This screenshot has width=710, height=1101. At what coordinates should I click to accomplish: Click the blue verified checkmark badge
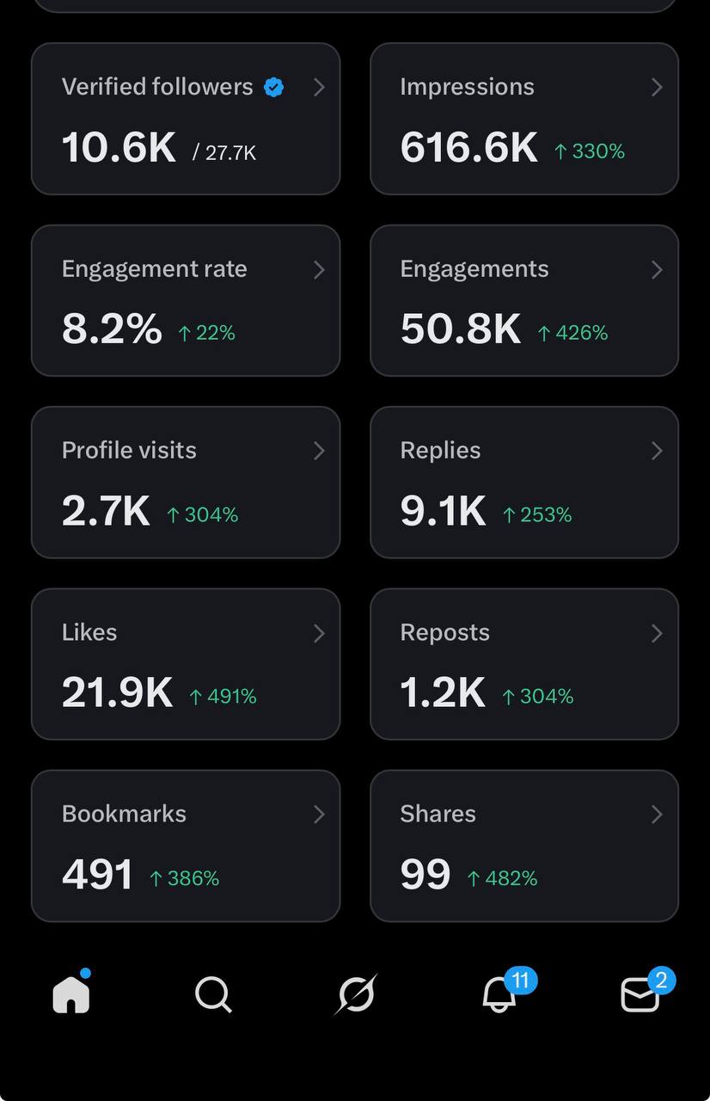pyautogui.click(x=273, y=87)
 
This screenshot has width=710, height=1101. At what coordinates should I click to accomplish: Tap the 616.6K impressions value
pyautogui.click(x=468, y=147)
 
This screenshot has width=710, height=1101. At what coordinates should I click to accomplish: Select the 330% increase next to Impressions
pyautogui.click(x=590, y=151)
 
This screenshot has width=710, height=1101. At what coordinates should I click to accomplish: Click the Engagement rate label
pyautogui.click(x=154, y=268)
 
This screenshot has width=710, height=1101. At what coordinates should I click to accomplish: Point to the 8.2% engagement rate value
pyautogui.click(x=112, y=329)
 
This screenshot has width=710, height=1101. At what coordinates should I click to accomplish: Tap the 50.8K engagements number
pyautogui.click(x=461, y=329)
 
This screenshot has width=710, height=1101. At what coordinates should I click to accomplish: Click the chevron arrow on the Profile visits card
pyautogui.click(x=319, y=451)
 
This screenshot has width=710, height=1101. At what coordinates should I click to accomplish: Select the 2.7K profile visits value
pyautogui.click(x=106, y=511)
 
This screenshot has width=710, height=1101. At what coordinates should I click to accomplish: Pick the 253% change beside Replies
pyautogui.click(x=537, y=514)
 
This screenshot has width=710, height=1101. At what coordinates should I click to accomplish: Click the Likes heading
pyautogui.click(x=89, y=632)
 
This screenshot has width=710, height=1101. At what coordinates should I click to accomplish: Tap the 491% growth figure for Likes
pyautogui.click(x=223, y=696)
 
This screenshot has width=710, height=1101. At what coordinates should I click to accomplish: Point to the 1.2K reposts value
pyautogui.click(x=443, y=692)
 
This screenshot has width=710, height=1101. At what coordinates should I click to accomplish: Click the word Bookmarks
pyautogui.click(x=124, y=814)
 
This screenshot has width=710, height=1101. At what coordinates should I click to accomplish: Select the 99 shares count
pyautogui.click(x=425, y=875)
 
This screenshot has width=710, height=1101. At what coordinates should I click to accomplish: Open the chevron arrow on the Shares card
pyautogui.click(x=657, y=814)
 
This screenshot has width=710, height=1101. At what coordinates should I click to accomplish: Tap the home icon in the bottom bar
pyautogui.click(x=71, y=995)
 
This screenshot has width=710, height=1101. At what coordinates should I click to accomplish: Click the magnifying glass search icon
pyautogui.click(x=213, y=995)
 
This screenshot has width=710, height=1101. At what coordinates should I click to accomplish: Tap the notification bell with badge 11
pyautogui.click(x=499, y=994)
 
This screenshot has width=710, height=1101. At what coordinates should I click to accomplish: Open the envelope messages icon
pyautogui.click(x=640, y=995)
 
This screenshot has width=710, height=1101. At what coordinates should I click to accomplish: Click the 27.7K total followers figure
pyautogui.click(x=225, y=153)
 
